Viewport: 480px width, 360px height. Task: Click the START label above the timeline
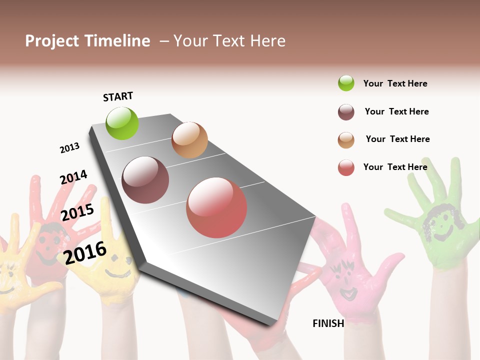(x=118, y=96)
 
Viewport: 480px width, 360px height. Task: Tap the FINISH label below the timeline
(x=328, y=323)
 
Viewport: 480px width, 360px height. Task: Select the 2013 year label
(x=69, y=148)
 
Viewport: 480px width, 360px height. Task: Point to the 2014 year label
(x=73, y=177)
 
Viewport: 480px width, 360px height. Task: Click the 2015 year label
(x=77, y=212)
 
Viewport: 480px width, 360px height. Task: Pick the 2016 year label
(x=85, y=252)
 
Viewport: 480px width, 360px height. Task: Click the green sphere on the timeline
(x=122, y=123)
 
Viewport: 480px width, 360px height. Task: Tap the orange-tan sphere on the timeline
(x=189, y=140)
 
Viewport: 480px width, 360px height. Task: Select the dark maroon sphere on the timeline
(x=145, y=180)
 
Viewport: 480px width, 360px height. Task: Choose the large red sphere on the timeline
(x=216, y=207)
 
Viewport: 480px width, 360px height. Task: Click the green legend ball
(x=346, y=83)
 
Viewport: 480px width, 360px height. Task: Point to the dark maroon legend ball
(x=346, y=112)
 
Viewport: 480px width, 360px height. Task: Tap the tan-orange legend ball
(x=346, y=140)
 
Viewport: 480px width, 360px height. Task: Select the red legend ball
(x=346, y=167)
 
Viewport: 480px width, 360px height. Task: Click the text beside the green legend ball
(x=395, y=83)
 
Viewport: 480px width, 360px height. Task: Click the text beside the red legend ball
(x=395, y=167)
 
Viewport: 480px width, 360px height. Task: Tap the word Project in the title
(x=52, y=41)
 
